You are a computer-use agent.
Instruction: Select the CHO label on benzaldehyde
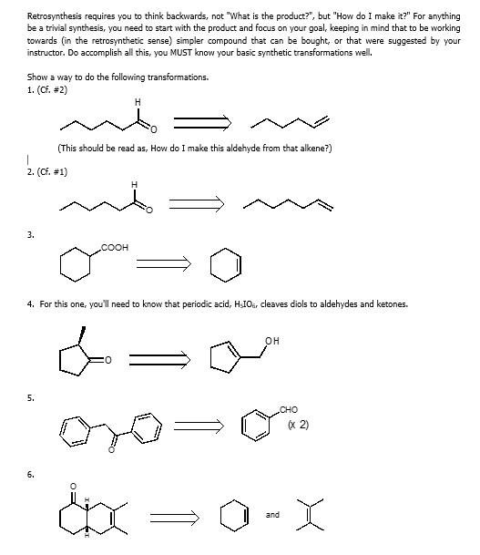pyautogui.click(x=290, y=410)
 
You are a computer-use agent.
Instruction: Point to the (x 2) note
pyautogui.click(x=298, y=424)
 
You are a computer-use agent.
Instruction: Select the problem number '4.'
pyautogui.click(x=31, y=303)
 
